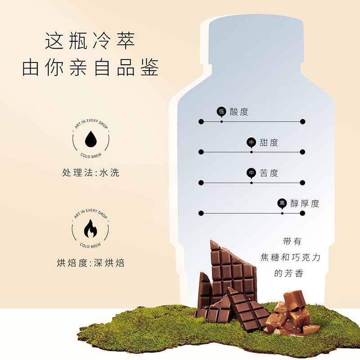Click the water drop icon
point(90,139)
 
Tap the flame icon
point(90,229)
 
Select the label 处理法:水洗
point(90,173)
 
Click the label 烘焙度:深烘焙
point(90,263)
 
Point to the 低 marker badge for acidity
point(221,111)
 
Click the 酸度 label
point(239,112)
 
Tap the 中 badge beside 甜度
point(251,143)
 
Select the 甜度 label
point(269,143)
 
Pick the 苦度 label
point(269,173)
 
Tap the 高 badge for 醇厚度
point(282,203)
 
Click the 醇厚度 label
point(305,203)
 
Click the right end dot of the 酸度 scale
point(302,121)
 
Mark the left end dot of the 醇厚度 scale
point(201,213)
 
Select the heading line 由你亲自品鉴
point(90,67)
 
